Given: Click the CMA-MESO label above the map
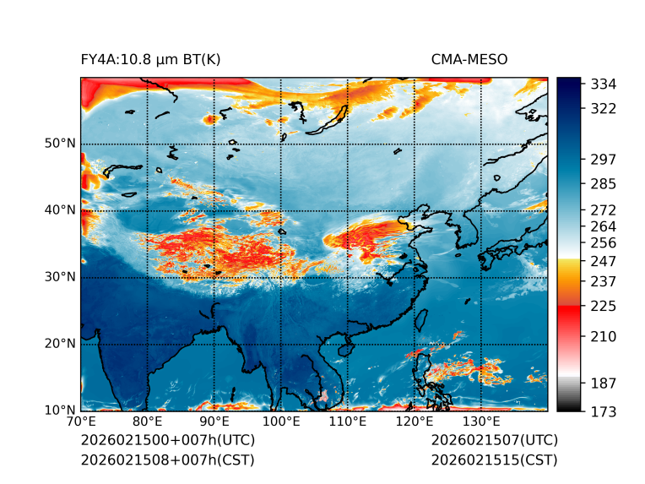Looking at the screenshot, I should point(469,59).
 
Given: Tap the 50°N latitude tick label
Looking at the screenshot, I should point(60,144).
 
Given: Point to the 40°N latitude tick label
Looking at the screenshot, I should point(60,210).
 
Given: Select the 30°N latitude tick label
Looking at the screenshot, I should point(60,277).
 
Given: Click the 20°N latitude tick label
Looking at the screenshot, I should point(60,344).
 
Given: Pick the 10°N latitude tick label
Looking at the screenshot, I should point(60,411).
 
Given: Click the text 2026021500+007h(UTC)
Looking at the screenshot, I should point(167,441).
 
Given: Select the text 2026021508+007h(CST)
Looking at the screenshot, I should point(167,460).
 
